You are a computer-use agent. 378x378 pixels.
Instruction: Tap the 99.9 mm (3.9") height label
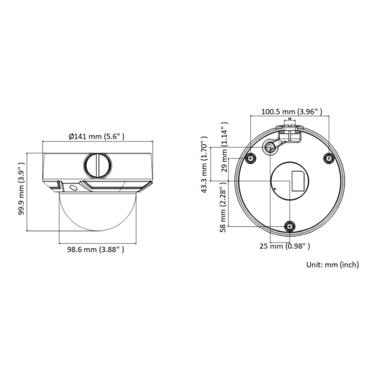(21, 192)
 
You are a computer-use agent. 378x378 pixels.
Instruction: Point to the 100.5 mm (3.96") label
(291, 112)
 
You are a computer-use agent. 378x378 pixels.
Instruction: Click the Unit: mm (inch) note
(333, 265)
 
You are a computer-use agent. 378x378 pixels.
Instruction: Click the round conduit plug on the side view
(97, 165)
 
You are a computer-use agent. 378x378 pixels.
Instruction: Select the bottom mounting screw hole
(289, 226)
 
